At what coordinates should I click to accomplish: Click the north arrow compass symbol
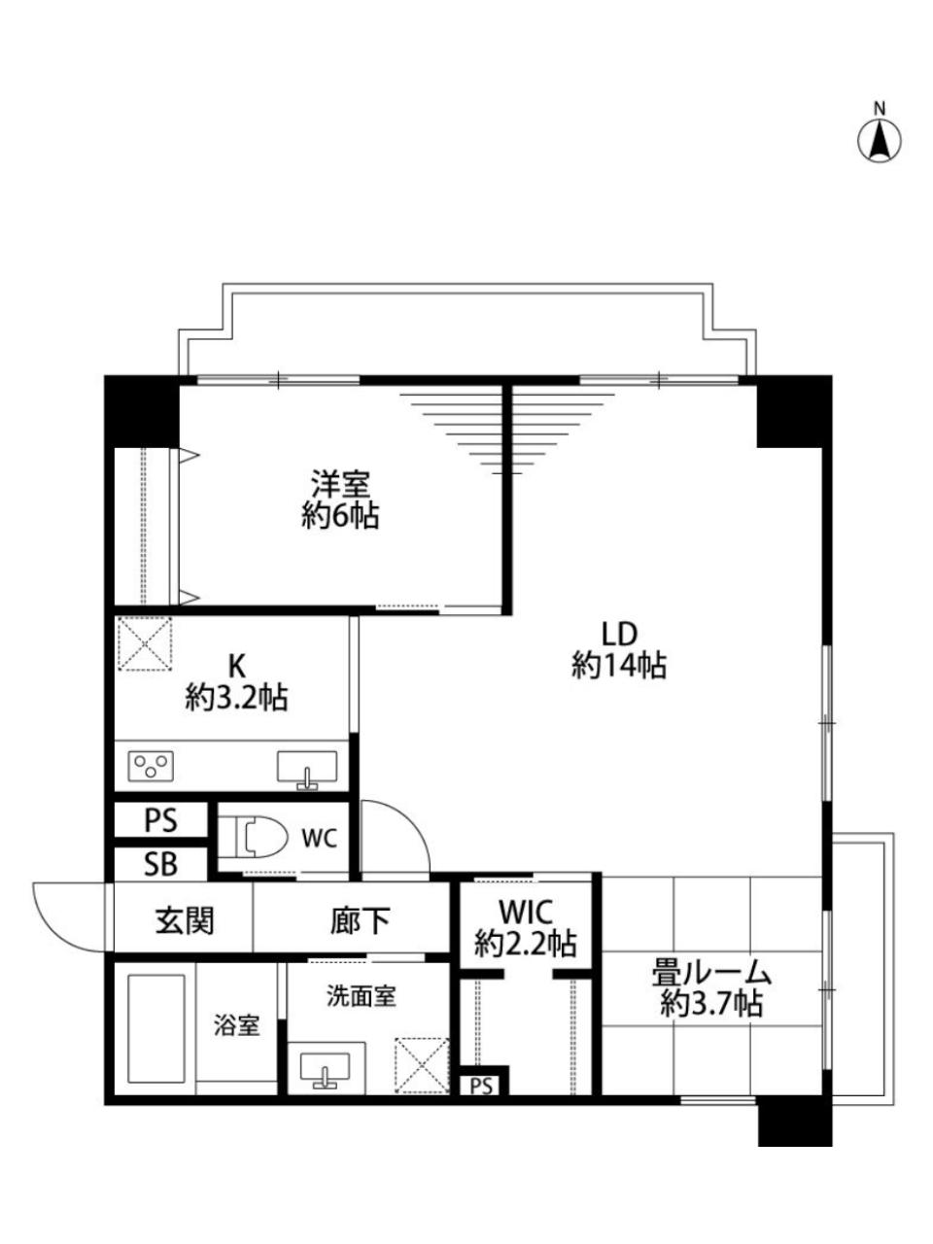tap(879, 141)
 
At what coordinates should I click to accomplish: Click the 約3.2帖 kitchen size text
tap(236, 698)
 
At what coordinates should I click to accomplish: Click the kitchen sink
tap(306, 769)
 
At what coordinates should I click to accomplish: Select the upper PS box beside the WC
tap(161, 820)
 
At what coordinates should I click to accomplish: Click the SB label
tap(160, 864)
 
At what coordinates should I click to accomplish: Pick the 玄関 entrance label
tap(186, 920)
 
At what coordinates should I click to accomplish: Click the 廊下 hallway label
tap(361, 920)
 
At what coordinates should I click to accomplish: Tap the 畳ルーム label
tap(711, 975)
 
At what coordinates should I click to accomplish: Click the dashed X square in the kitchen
tap(145, 643)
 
